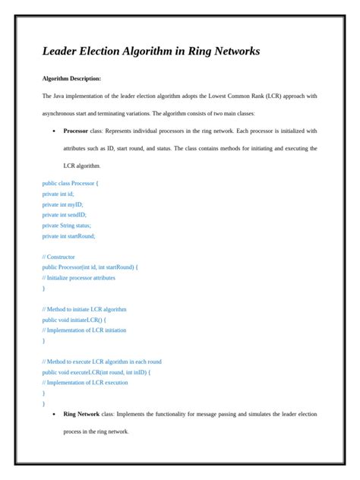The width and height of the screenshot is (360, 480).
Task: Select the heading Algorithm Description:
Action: [x=71, y=78]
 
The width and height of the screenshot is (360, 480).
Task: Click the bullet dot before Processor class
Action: [x=53, y=131]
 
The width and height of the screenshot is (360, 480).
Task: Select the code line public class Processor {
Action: [x=71, y=183]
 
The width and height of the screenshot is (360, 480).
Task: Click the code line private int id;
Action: [x=58, y=194]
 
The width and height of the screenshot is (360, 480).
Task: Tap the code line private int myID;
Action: [x=63, y=204]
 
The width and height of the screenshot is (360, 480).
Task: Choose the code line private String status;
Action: [x=67, y=226]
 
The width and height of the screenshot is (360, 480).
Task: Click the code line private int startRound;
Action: [x=69, y=236]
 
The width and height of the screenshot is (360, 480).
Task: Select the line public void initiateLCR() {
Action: [x=74, y=320]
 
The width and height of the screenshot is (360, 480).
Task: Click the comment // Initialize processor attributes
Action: [x=79, y=278]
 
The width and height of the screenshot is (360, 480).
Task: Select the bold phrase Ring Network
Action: [x=81, y=414]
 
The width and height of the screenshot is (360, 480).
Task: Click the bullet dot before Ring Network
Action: [x=53, y=414]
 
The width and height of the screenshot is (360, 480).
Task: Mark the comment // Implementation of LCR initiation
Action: [x=84, y=330]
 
